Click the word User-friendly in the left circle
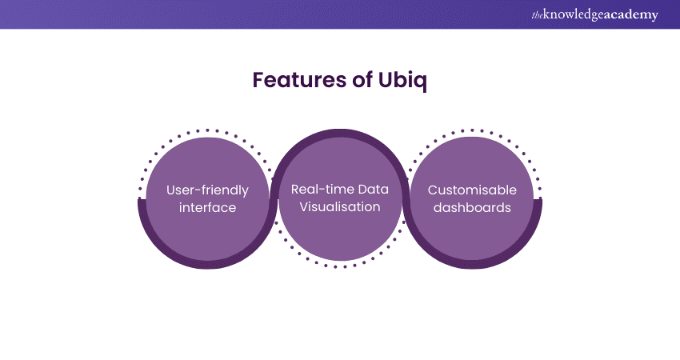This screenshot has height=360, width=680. [x=207, y=190]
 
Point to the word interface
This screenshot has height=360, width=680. [x=207, y=207]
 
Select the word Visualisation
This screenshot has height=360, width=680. [x=341, y=207]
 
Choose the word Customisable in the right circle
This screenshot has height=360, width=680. [x=472, y=190]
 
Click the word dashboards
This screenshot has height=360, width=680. [x=472, y=207]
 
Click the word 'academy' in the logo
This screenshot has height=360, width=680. [x=633, y=15]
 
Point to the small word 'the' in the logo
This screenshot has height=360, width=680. [x=535, y=15]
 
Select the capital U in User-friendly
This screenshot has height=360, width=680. [x=171, y=190]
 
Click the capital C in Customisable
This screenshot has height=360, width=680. [x=433, y=190]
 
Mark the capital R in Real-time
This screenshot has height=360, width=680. [x=296, y=190]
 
